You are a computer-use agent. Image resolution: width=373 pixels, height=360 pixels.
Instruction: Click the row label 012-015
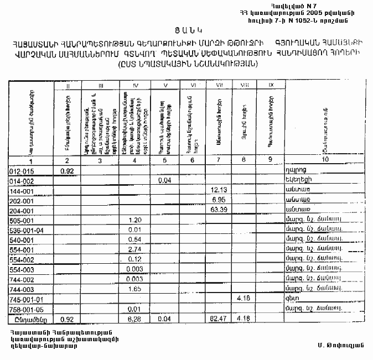[22, 171]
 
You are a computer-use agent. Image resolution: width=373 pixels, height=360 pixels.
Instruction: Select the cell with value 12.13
[218, 190]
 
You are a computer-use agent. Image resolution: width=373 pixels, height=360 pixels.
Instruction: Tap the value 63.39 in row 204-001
[218, 210]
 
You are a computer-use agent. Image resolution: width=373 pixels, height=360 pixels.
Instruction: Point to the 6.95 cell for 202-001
[218, 200]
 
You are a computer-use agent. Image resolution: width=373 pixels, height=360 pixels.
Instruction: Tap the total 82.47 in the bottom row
[218, 319]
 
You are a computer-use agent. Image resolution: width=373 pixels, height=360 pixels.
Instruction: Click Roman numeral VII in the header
[219, 85]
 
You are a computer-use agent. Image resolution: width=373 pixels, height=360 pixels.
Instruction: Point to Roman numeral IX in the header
[270, 85]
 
